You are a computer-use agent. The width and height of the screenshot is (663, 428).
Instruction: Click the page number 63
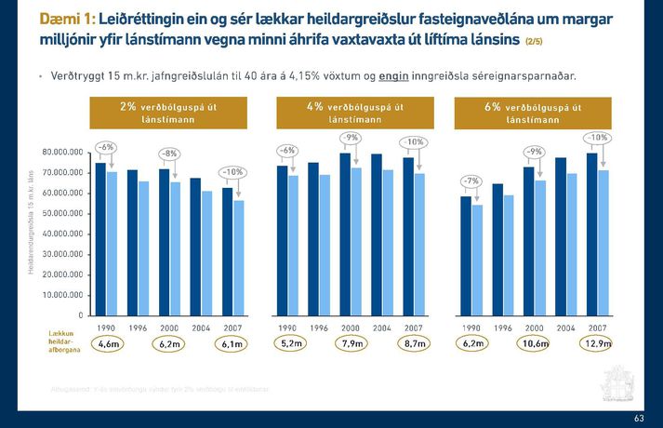pos(639,419)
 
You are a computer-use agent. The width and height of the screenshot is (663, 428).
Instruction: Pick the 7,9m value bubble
pos(351,345)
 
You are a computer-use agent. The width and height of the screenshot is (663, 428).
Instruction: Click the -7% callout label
pos(472,180)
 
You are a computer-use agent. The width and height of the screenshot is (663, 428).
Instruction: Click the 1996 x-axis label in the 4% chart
pos(319,328)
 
